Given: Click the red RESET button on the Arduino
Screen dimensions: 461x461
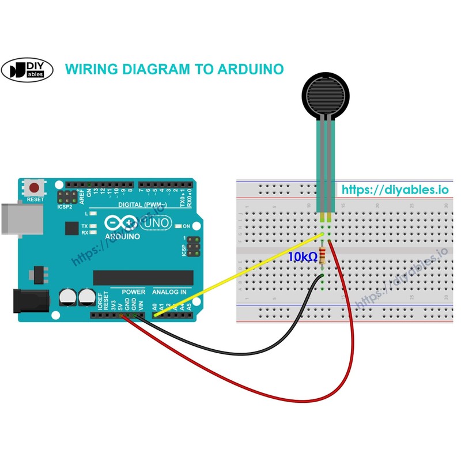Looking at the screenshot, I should tap(35, 187).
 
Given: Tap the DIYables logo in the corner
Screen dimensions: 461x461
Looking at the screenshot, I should tap(27, 69).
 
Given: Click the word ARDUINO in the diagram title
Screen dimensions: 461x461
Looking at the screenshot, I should tap(251, 69).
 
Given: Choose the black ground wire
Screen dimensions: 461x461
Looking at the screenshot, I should tap(231, 352).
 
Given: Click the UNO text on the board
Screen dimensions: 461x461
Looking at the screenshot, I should tap(156, 223).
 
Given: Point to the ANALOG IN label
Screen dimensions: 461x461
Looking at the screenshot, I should tap(169, 292).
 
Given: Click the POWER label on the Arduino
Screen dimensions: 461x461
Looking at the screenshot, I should tap(134, 292).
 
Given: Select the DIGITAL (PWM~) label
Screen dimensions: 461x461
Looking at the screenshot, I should tap(142, 205).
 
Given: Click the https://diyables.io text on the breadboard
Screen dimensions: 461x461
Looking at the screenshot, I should tap(395, 190).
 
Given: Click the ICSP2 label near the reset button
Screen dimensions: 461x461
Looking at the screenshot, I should tap(65, 206).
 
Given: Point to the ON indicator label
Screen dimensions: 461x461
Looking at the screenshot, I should tap(186, 226).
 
